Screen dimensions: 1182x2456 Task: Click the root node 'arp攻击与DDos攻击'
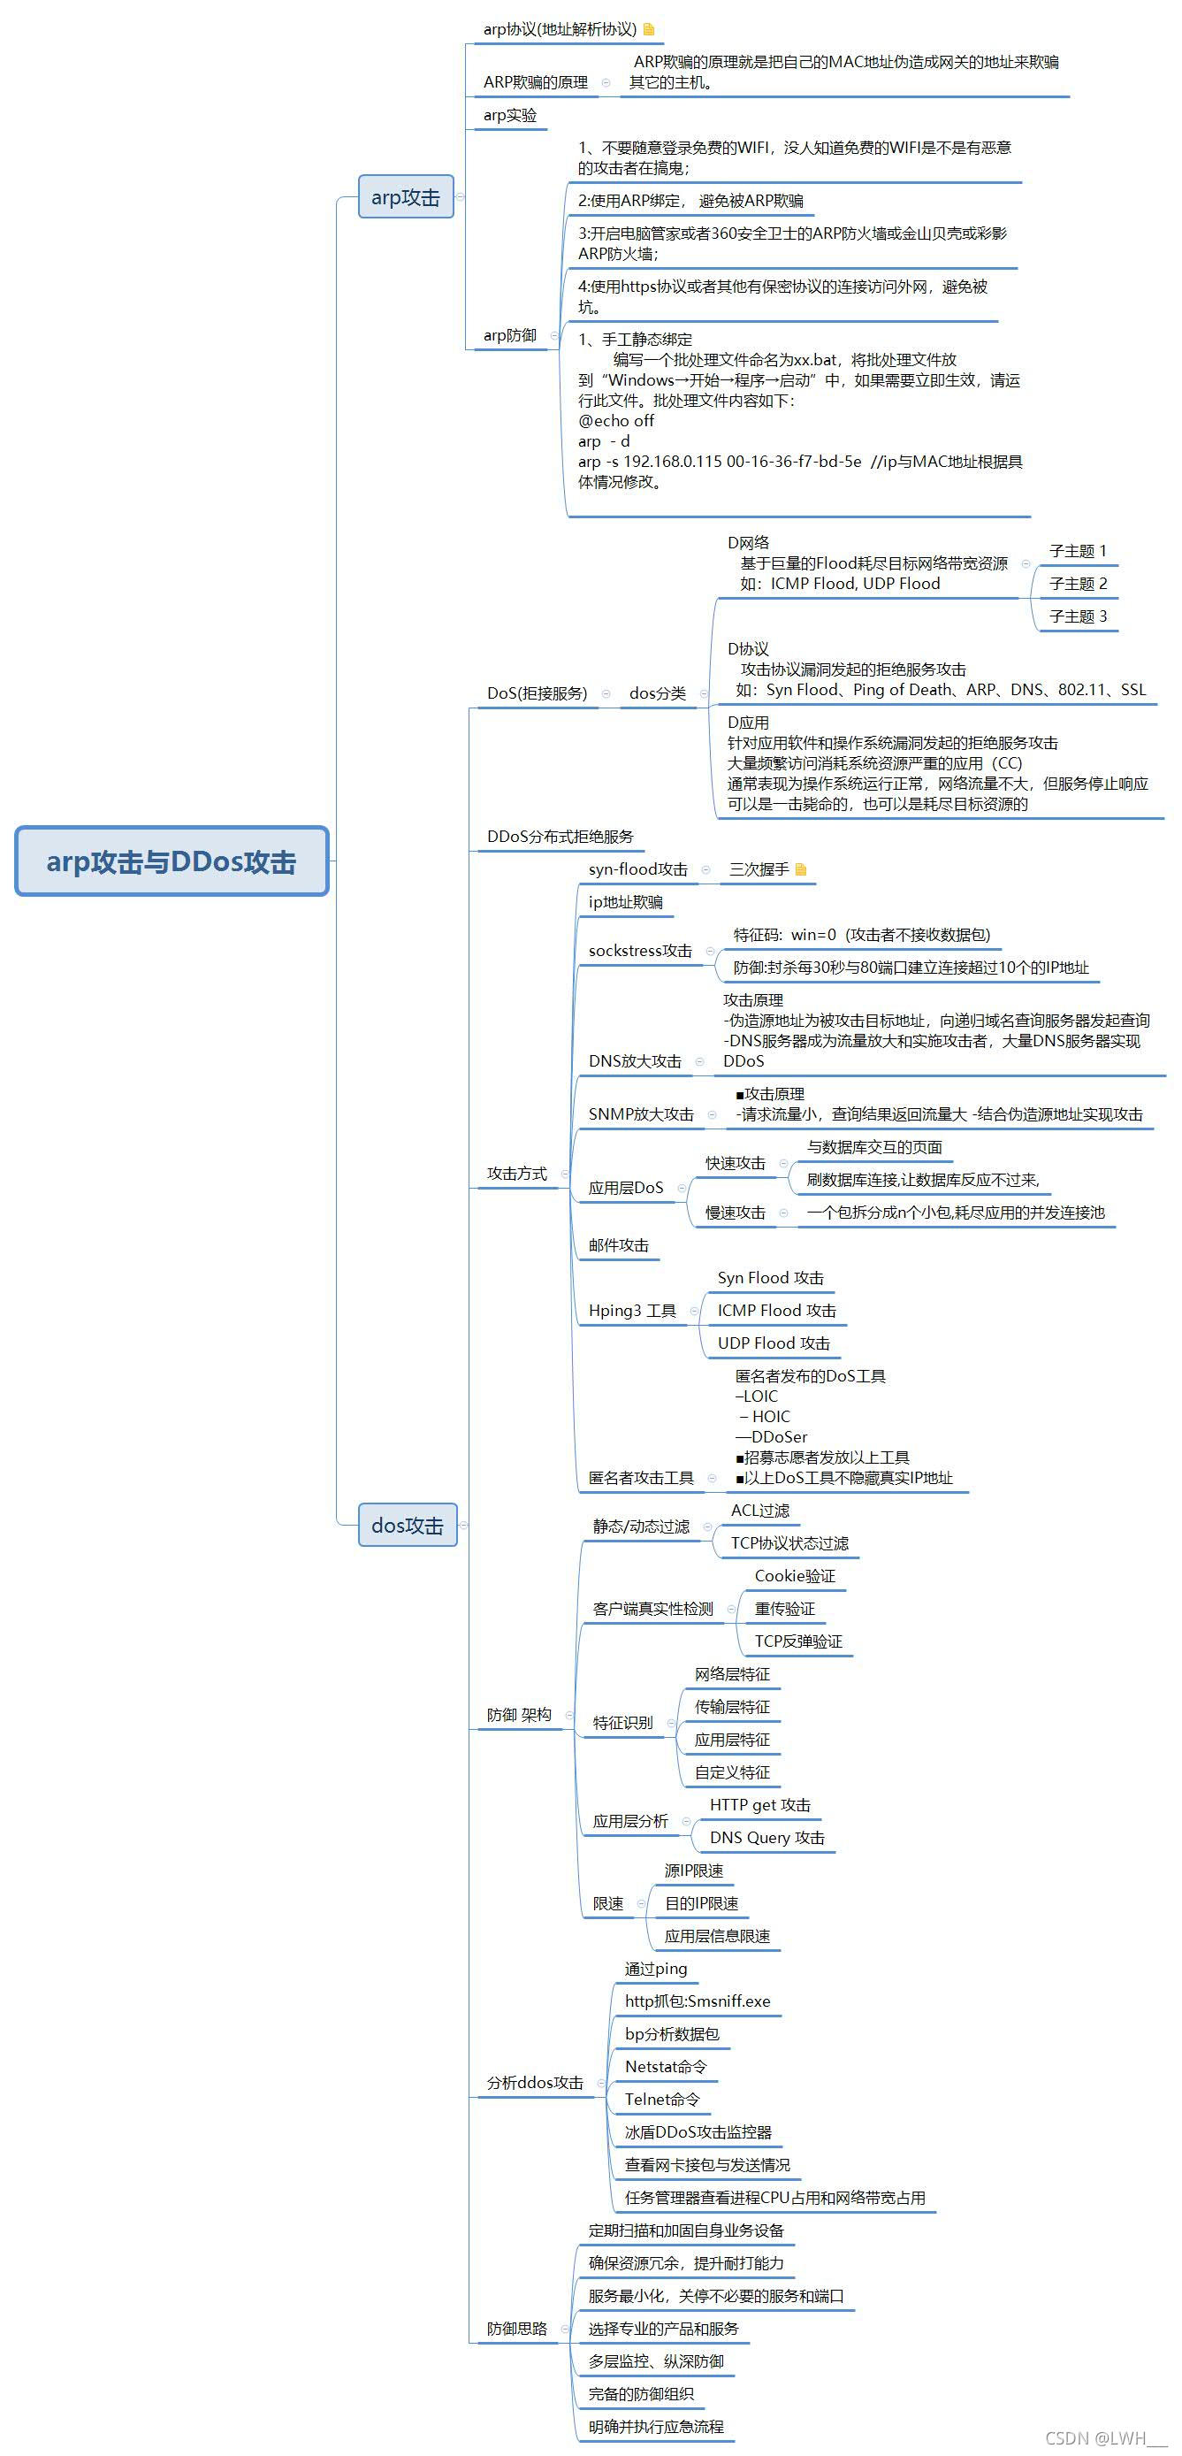tap(172, 861)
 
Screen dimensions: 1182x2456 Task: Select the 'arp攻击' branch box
tap(405, 196)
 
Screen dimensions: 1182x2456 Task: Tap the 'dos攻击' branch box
tap(407, 1525)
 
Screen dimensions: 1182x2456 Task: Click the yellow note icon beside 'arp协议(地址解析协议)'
tap(649, 29)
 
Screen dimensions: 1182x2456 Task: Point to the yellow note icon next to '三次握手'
tap(801, 868)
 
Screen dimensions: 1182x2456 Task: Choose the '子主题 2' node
tap(1077, 584)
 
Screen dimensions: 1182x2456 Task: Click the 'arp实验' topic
tap(510, 115)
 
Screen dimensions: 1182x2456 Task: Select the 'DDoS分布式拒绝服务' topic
tap(560, 836)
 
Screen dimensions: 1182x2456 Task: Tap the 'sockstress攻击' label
tap(639, 951)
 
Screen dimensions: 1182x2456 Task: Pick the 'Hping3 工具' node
tap(632, 1310)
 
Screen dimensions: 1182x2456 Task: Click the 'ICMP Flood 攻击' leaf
tap(776, 1310)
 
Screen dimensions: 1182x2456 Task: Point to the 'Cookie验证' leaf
tap(794, 1576)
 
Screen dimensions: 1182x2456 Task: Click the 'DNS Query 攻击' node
tap(766, 1837)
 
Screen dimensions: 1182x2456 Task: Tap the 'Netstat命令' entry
tap(666, 2066)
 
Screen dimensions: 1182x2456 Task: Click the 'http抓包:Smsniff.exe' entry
tap(697, 2001)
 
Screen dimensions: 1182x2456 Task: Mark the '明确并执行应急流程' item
tap(656, 2427)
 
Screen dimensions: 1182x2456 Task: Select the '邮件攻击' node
tap(618, 1245)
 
